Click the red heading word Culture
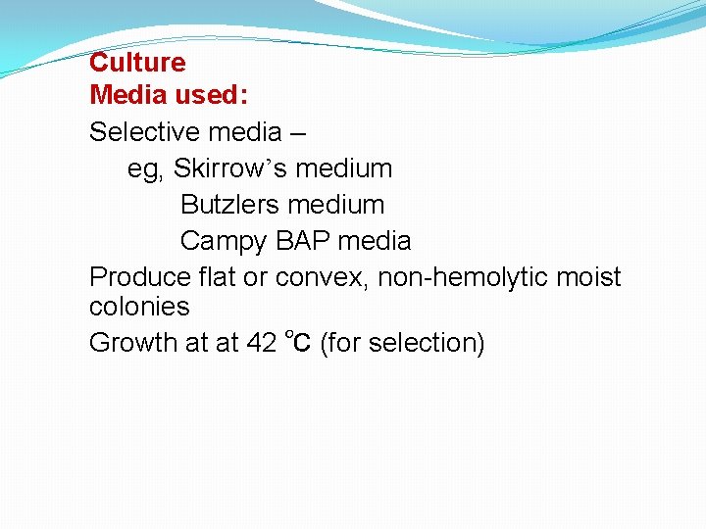tap(137, 63)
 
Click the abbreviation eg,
tap(146, 169)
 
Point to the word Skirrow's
tap(230, 168)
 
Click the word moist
tap(588, 277)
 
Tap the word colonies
tap(139, 307)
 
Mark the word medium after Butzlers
tap(339, 205)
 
